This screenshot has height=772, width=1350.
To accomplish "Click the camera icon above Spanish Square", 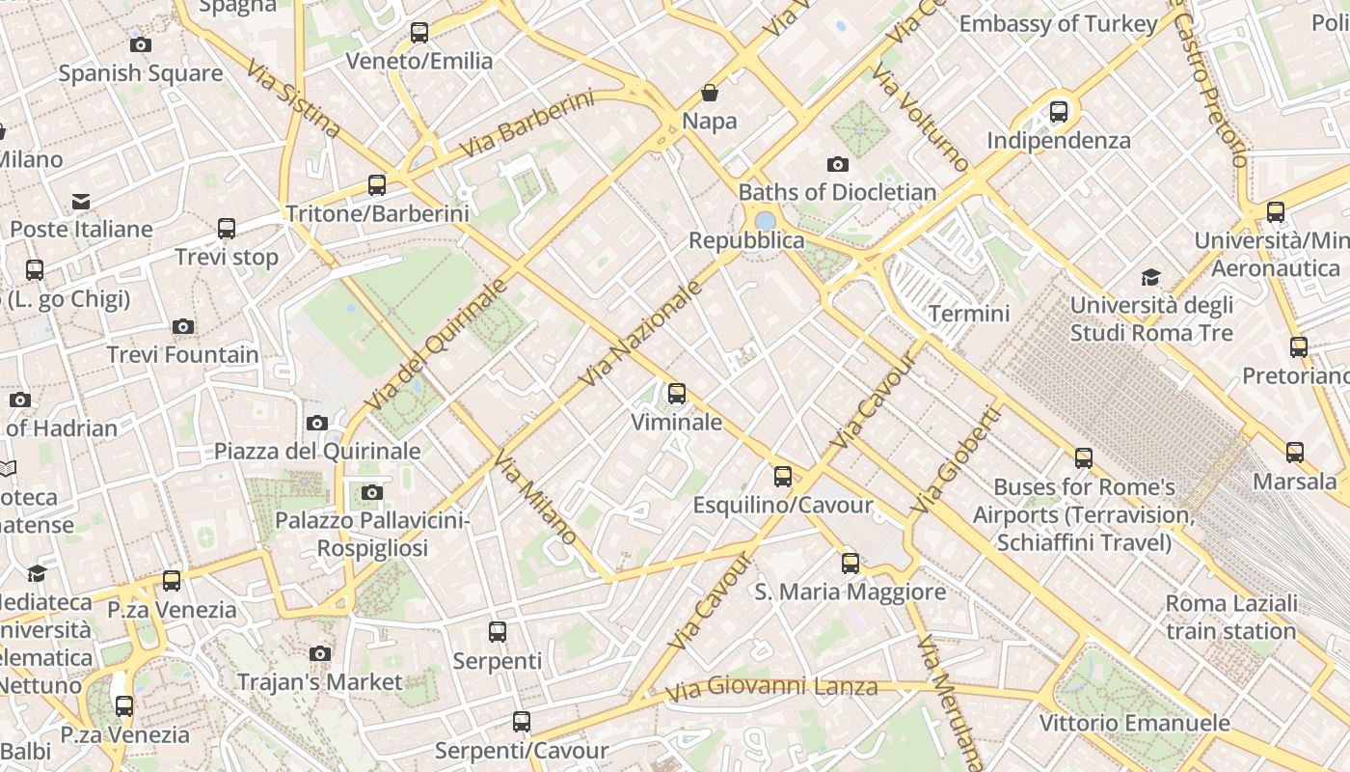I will click(x=140, y=44).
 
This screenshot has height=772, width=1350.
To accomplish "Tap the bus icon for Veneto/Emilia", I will click(x=419, y=32).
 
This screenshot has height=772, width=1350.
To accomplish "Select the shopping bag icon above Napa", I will click(x=710, y=93).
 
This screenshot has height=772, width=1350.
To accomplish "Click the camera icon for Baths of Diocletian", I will click(x=837, y=164).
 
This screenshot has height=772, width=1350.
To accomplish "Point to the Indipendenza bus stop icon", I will click(x=1059, y=112).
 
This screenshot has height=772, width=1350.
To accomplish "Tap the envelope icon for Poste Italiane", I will click(x=81, y=202).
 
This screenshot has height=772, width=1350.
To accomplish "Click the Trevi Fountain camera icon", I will click(x=183, y=327).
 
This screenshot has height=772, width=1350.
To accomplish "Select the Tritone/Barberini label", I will click(x=377, y=213).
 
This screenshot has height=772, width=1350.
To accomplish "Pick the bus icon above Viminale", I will click(x=677, y=394).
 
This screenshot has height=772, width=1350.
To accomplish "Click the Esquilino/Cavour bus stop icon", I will click(x=783, y=477).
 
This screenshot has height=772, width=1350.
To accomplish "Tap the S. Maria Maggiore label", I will click(x=850, y=592).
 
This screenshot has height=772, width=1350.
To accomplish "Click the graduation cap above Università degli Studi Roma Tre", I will click(x=1150, y=278).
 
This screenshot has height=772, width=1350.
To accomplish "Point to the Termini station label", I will click(x=968, y=314).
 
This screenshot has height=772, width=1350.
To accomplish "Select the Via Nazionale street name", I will click(x=640, y=335).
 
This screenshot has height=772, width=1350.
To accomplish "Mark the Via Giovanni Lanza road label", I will click(x=771, y=688).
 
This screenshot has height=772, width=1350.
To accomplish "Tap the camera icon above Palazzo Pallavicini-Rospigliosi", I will click(x=371, y=493).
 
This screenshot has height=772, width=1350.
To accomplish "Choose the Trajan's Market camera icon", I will click(x=320, y=654).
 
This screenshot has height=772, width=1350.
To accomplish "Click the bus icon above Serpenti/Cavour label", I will click(x=522, y=721).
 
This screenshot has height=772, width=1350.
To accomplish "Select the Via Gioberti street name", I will click(x=956, y=460).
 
